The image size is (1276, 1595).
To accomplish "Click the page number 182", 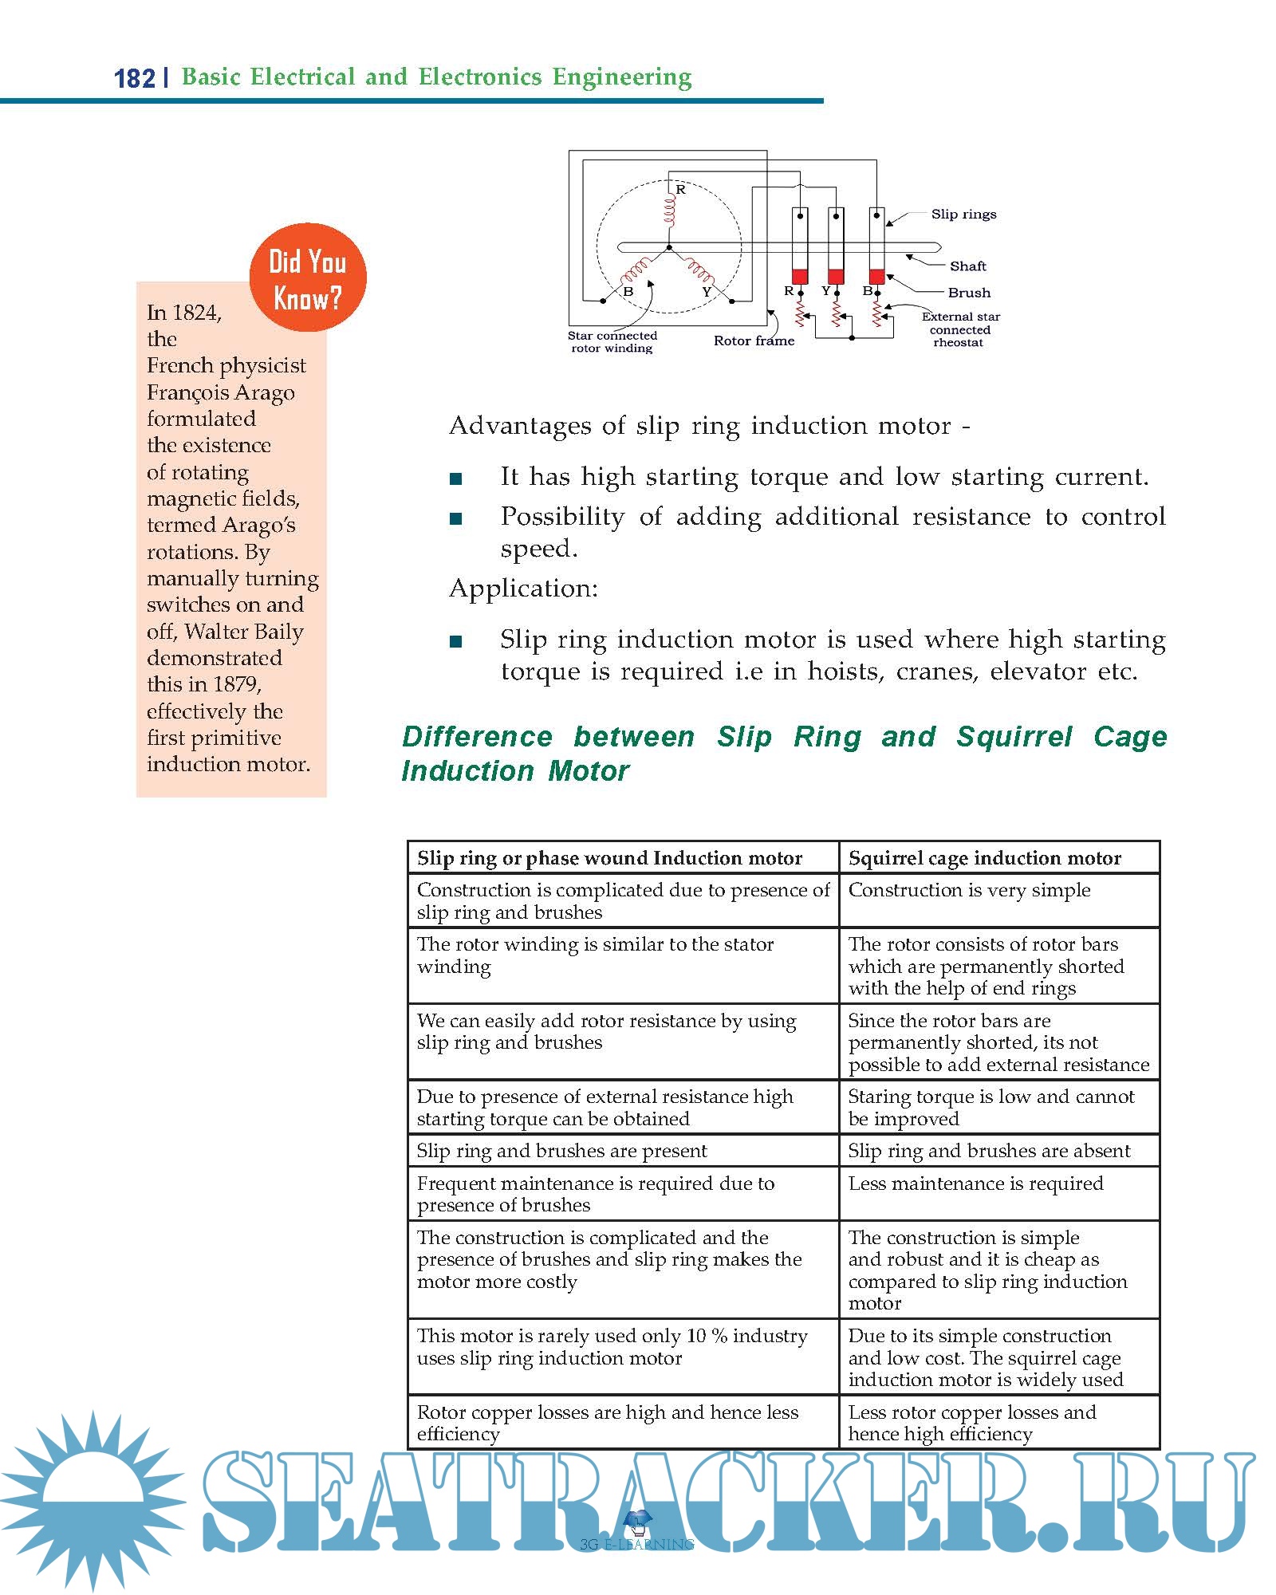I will (134, 78).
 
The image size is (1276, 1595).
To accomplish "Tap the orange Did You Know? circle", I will (308, 278).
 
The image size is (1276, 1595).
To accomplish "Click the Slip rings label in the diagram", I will (963, 215).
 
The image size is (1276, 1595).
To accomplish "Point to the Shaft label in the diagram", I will (967, 266).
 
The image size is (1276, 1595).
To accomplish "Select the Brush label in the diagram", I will (969, 293).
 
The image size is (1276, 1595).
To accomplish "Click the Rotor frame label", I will (754, 341).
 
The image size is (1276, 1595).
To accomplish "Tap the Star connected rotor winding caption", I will (612, 342).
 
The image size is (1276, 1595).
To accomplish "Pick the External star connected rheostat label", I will (960, 329).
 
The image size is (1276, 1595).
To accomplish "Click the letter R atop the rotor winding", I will (681, 190).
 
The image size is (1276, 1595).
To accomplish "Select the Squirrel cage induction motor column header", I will (984, 858).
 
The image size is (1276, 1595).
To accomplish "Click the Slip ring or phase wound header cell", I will (609, 858).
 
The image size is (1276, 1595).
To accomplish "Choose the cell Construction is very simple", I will (969, 890).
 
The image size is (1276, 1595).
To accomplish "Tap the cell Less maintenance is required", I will (975, 1183).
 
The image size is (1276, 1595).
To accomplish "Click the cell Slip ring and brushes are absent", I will (989, 1151).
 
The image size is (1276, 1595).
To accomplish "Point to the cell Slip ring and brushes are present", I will (561, 1151).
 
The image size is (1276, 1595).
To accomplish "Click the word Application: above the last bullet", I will (523, 589).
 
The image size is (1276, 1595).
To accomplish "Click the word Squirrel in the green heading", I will (1014, 737).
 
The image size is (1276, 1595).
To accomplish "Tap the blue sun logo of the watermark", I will (92, 1499).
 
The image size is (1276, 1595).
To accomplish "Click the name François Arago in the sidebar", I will (221, 393).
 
